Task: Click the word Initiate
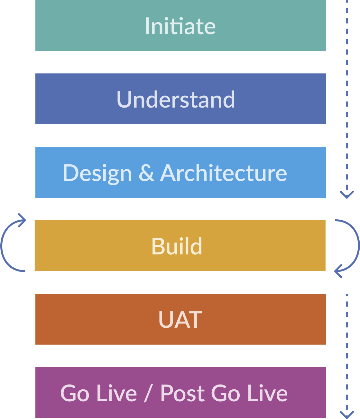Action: (x=180, y=26)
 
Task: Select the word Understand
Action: (x=176, y=99)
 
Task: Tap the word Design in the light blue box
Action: (x=97, y=173)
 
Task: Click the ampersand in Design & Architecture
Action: (x=146, y=173)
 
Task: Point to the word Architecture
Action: (x=223, y=173)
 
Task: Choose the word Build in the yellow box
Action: (x=177, y=246)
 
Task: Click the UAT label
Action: (x=180, y=320)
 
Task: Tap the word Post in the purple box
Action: (x=182, y=393)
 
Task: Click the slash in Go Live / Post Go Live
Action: (x=148, y=393)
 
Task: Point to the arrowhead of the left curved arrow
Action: (x=22, y=220)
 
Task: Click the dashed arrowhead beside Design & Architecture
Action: (x=347, y=194)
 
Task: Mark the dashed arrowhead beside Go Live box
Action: (x=347, y=414)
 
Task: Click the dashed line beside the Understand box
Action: (x=347, y=99)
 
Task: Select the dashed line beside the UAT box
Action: (x=347, y=320)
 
